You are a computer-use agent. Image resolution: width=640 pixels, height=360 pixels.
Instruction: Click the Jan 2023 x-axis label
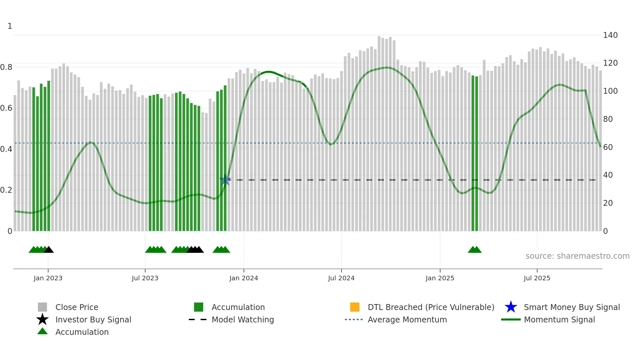point(48,278)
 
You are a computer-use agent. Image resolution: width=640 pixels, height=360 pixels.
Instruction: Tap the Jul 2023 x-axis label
point(145,278)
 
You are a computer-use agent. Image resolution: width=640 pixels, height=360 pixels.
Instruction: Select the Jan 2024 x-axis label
point(244,278)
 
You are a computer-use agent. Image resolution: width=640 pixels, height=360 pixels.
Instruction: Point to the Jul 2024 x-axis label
point(341,278)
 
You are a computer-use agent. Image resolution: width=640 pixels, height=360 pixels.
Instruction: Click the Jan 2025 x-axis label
point(440,278)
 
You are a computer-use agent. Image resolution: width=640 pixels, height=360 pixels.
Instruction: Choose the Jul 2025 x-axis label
point(537,278)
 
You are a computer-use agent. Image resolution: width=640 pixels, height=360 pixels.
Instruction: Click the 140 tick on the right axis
point(610,35)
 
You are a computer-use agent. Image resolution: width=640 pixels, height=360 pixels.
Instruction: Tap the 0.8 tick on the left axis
point(6,67)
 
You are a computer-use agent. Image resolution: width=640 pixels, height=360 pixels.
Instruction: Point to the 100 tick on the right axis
point(610,91)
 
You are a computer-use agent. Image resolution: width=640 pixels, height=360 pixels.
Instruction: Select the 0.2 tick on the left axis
point(6,190)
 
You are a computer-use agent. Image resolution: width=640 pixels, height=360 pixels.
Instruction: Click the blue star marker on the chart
point(225,180)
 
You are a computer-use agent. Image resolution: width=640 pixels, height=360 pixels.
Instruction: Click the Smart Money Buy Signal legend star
point(511,307)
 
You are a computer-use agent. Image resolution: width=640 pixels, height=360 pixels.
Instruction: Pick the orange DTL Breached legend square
point(355,307)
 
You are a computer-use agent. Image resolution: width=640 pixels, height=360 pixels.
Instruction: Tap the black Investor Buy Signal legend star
point(42,319)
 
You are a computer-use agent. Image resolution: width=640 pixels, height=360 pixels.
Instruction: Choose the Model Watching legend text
point(243,319)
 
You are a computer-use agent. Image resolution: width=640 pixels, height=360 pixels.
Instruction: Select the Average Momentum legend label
point(407,319)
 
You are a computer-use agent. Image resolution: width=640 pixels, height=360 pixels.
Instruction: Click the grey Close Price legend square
point(42,307)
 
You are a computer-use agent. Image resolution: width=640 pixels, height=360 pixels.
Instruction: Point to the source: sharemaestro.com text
point(577,256)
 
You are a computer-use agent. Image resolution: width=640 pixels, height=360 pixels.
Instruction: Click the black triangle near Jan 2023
point(49,250)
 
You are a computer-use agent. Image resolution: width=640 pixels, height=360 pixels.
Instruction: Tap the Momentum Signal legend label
point(559,319)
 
